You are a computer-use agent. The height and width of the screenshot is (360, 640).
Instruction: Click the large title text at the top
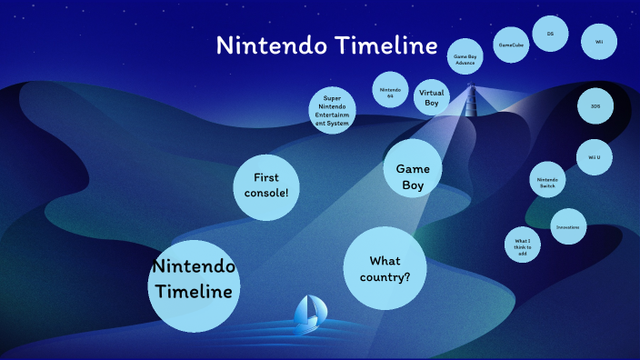pos(326,46)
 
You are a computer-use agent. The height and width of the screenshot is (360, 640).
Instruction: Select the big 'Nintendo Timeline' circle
pos(194,279)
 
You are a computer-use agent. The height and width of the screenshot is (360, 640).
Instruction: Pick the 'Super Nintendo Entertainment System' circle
pos(332,110)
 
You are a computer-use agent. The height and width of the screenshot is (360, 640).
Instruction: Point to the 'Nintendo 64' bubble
pos(390,91)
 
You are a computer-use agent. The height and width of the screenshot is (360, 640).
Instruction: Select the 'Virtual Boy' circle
pos(432,97)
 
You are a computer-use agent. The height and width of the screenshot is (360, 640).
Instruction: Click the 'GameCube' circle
pos(511,44)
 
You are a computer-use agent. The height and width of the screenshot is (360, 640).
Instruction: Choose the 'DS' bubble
pos(550,35)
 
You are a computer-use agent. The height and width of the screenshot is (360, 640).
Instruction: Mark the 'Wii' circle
pos(599,41)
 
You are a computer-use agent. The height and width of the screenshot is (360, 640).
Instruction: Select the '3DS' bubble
pos(595,106)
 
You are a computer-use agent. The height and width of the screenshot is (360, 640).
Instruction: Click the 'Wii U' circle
pos(595,157)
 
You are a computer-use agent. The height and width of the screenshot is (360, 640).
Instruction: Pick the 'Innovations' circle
pos(568,226)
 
